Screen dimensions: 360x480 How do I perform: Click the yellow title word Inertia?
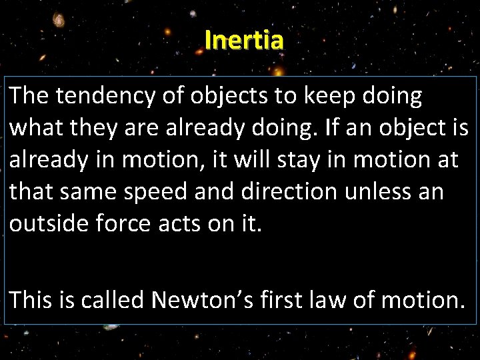[x=244, y=40]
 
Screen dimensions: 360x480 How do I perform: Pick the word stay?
[x=288, y=161]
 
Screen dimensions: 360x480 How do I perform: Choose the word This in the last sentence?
[x=31, y=300]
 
